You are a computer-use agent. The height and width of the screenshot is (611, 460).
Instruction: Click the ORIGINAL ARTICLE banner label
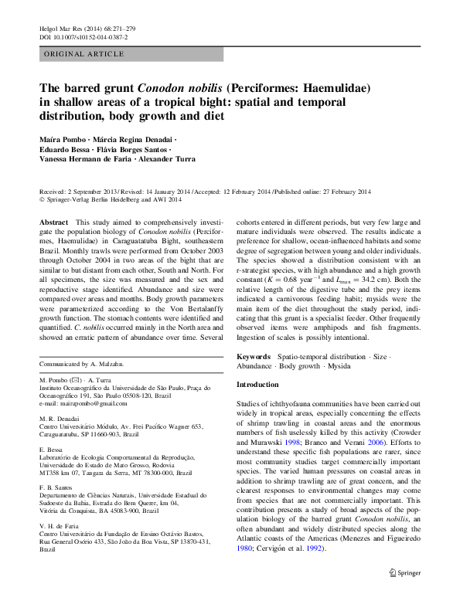[x=84, y=54]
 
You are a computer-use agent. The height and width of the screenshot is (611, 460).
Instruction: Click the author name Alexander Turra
[x=167, y=159]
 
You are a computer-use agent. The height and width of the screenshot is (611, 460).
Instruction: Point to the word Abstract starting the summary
[x=53, y=222]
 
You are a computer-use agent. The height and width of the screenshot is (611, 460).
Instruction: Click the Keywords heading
[x=254, y=357]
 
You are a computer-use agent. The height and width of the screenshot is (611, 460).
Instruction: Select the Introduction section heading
[x=257, y=384]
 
